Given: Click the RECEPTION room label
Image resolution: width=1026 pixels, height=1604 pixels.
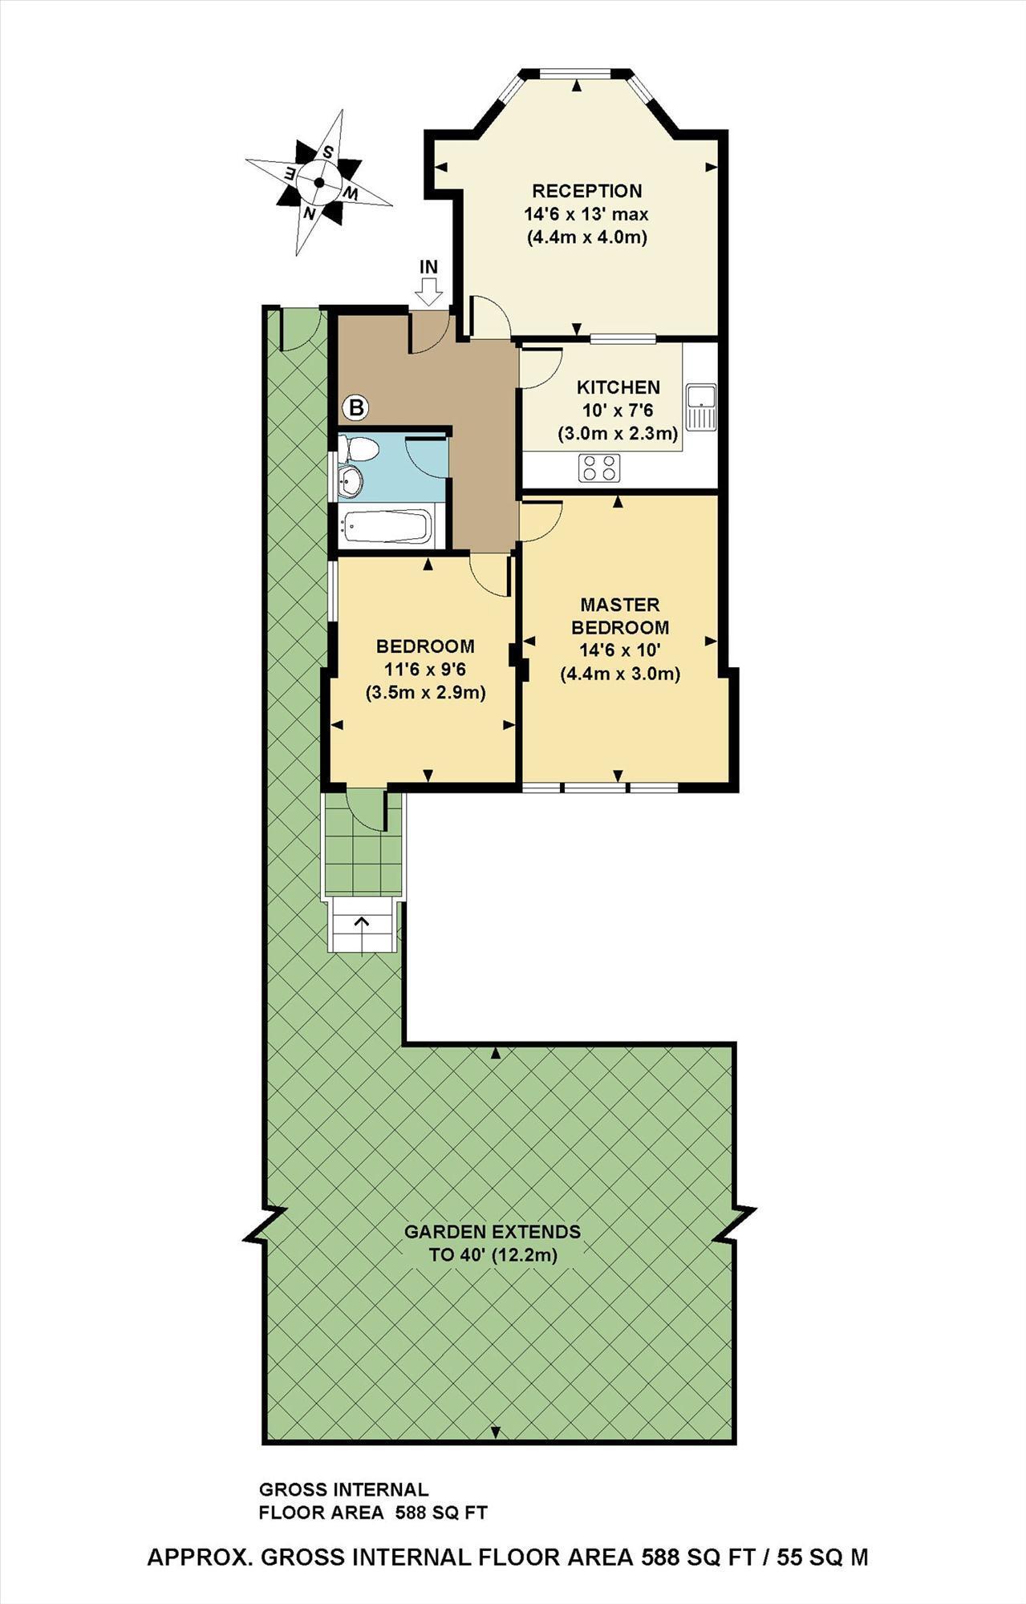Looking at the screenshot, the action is (587, 191).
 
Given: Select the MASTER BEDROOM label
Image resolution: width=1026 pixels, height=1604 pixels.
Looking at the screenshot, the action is (619, 615).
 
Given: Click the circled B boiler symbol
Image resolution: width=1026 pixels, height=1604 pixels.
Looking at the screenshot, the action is (356, 408).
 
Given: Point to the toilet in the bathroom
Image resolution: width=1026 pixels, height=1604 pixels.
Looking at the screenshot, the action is (359, 450).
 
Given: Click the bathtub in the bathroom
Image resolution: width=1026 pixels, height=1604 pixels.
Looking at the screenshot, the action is (386, 526).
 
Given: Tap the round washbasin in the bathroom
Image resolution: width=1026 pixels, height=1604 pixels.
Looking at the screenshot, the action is (351, 481).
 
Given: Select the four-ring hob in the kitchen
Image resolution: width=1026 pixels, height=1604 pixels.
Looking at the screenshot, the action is (599, 468).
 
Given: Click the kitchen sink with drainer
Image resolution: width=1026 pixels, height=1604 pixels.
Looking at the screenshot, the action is (701, 407).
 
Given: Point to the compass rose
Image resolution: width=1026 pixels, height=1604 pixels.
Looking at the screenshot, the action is (318, 183).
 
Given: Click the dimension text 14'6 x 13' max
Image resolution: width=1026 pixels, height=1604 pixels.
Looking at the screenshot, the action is (586, 214).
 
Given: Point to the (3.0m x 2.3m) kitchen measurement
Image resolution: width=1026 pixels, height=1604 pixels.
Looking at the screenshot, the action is (618, 434).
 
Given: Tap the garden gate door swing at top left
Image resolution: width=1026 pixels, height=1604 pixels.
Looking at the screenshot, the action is (301, 329).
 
